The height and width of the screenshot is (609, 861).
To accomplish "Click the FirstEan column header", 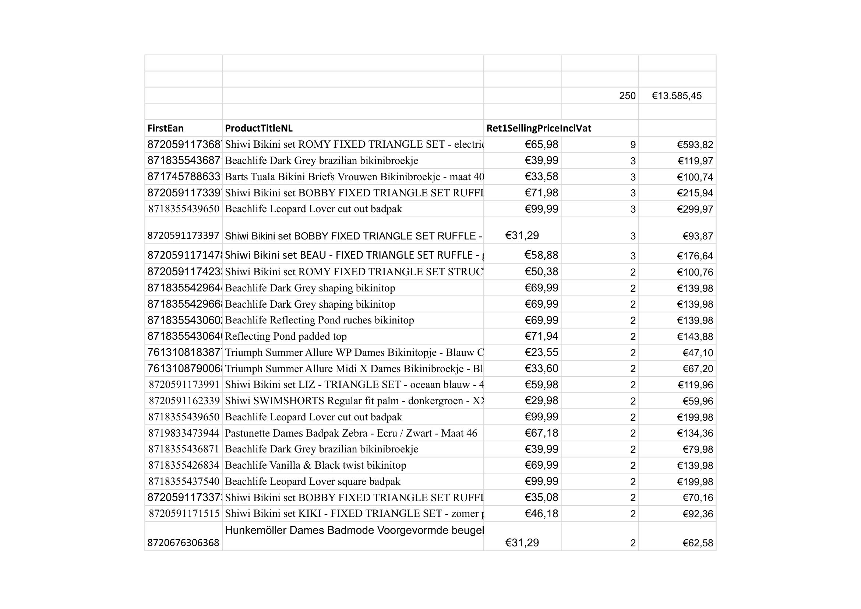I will pos(165,128).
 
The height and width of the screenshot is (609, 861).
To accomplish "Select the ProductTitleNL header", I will pos(258,128).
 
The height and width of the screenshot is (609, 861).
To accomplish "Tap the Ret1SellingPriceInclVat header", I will pos(539,128).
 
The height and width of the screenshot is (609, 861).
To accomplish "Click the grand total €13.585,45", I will pos(677,96).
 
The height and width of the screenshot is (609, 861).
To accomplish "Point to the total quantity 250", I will pos(627,96).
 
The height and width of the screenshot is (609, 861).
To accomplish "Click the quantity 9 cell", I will pos(633,145).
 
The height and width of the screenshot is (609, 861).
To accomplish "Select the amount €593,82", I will pos(695,145).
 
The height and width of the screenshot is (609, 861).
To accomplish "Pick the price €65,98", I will pos(541,144).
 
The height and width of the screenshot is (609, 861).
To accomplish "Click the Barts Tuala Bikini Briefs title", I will pos(354,177).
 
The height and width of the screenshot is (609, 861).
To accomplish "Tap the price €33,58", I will pos(541,177).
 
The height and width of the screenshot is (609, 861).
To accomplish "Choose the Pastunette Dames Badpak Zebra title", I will pos(351,433).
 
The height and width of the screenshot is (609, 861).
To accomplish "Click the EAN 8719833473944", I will pos(184,433).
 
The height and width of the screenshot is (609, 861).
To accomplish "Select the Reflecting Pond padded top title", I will pos(286,337).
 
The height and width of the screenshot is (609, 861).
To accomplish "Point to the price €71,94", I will pos(541,337).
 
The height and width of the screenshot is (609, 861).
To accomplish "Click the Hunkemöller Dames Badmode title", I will pos(354,530).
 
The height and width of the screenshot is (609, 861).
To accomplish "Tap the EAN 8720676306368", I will pos(183,543).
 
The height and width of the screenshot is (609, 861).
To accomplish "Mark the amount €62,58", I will pos(698,543).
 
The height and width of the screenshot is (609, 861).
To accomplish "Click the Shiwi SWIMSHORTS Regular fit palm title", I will pos(354,401).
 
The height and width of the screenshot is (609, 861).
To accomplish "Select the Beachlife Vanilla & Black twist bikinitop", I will pos(315,466).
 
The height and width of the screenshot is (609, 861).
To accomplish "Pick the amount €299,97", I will pos(695,209).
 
